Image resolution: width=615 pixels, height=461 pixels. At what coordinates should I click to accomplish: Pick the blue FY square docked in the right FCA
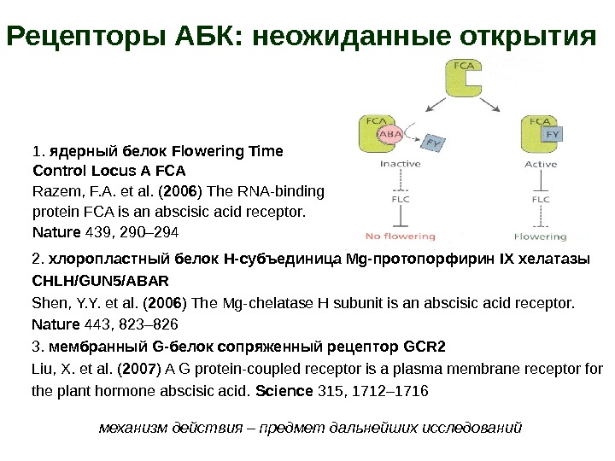click(x=553, y=135)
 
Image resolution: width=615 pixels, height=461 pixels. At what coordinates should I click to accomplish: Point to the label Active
click(x=541, y=164)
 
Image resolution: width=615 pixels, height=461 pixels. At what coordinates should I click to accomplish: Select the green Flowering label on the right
click(x=541, y=236)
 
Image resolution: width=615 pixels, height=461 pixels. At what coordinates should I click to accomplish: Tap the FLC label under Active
click(x=540, y=200)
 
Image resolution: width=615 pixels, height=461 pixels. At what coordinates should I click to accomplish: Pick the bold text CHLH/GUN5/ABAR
click(x=100, y=280)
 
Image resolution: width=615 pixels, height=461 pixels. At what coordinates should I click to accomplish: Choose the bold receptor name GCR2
click(x=424, y=347)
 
